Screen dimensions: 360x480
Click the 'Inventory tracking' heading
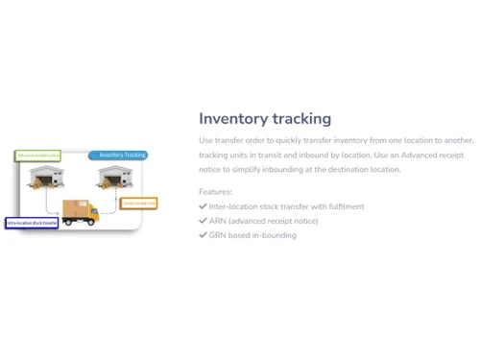click(x=265, y=118)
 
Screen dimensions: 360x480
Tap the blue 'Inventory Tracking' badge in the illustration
click(x=120, y=155)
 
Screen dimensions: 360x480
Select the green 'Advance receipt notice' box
click(x=38, y=155)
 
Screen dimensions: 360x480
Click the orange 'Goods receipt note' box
click(x=139, y=204)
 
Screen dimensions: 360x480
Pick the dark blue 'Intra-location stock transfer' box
click(x=32, y=223)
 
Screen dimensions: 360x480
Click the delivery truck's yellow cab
click(x=93, y=216)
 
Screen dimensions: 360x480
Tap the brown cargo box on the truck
click(x=74, y=206)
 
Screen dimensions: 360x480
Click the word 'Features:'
click(x=215, y=192)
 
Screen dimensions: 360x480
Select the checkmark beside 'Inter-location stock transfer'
click(x=203, y=206)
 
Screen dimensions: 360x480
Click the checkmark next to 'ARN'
click(x=203, y=221)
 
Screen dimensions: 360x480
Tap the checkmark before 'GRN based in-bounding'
click(x=203, y=235)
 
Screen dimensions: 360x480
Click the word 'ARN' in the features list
click(x=217, y=221)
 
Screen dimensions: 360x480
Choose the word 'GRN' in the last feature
click(x=218, y=235)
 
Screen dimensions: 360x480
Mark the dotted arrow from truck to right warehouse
click(x=111, y=204)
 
